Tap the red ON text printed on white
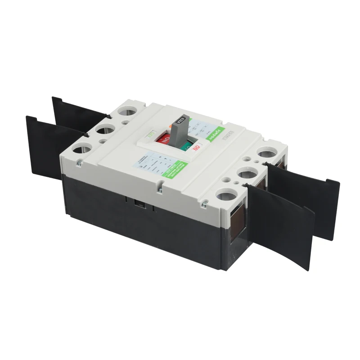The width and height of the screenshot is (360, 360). [196, 147]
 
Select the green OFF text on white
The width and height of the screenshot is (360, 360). [150, 134]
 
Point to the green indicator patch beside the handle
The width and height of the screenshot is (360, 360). [184, 147]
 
